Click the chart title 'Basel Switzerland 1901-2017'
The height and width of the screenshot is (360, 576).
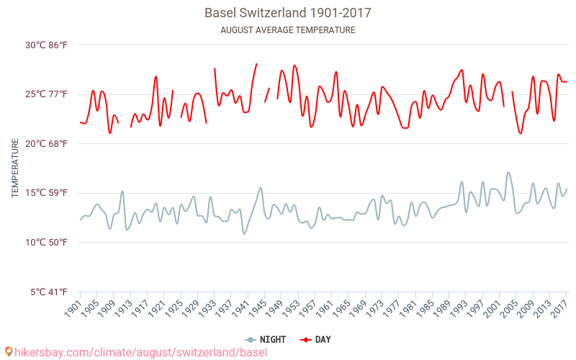(x=288, y=13)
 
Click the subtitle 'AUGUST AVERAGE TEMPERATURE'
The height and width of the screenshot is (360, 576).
(x=288, y=30)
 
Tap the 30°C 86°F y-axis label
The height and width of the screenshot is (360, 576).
(x=47, y=45)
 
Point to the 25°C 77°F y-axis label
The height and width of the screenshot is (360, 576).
(x=47, y=94)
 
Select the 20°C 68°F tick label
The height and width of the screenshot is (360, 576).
(x=47, y=143)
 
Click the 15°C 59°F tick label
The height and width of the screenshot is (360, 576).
(x=47, y=193)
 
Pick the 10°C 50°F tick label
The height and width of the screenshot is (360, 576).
(x=47, y=242)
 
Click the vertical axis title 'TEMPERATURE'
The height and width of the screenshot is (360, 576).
(x=14, y=168)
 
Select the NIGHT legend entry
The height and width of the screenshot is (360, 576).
(x=267, y=339)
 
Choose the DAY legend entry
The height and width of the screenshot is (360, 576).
(x=315, y=339)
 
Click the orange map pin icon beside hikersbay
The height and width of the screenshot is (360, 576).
(x=9, y=352)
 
